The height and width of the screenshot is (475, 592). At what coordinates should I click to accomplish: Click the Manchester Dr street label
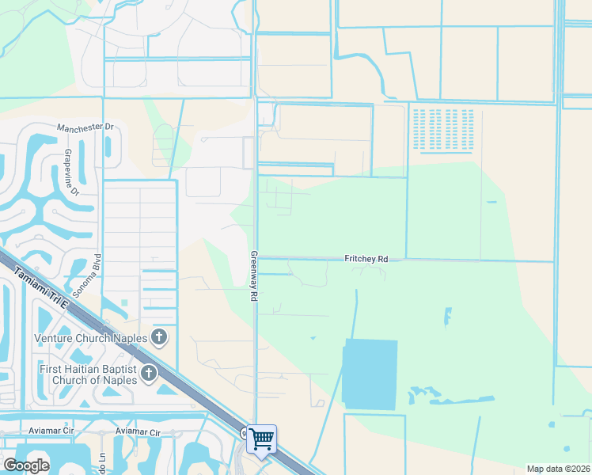(86, 127)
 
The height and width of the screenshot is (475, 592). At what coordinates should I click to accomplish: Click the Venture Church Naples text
(91, 338)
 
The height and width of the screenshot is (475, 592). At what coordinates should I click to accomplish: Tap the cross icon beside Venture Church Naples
(159, 338)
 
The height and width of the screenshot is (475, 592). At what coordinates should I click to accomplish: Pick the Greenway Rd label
(255, 275)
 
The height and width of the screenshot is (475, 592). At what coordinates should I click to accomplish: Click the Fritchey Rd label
(366, 259)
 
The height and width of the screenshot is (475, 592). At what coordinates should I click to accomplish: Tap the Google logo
(26, 465)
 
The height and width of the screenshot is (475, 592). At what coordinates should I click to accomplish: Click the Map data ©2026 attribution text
(557, 469)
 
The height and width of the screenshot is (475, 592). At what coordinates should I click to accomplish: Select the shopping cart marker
(261, 439)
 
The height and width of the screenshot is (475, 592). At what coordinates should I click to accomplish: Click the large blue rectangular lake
(370, 374)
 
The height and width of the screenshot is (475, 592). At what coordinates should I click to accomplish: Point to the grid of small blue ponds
(442, 128)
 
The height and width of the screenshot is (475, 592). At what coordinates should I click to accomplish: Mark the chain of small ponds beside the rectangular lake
(435, 393)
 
